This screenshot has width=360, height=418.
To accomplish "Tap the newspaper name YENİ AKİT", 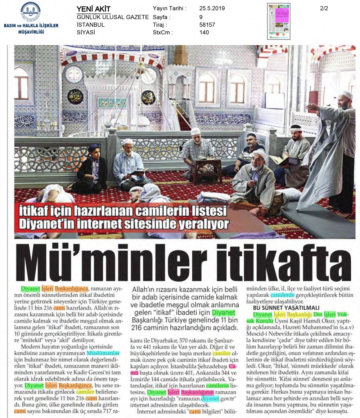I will point(94,9).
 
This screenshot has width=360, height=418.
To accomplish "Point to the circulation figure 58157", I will point(207,25).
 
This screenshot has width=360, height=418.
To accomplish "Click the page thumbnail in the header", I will point(279,21).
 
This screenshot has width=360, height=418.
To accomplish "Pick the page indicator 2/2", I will point(324,9).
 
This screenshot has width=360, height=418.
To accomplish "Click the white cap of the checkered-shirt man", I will point(196,131).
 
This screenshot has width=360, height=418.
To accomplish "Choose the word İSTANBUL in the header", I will point(91,25).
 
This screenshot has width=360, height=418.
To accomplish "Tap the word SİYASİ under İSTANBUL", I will point(86,32).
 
